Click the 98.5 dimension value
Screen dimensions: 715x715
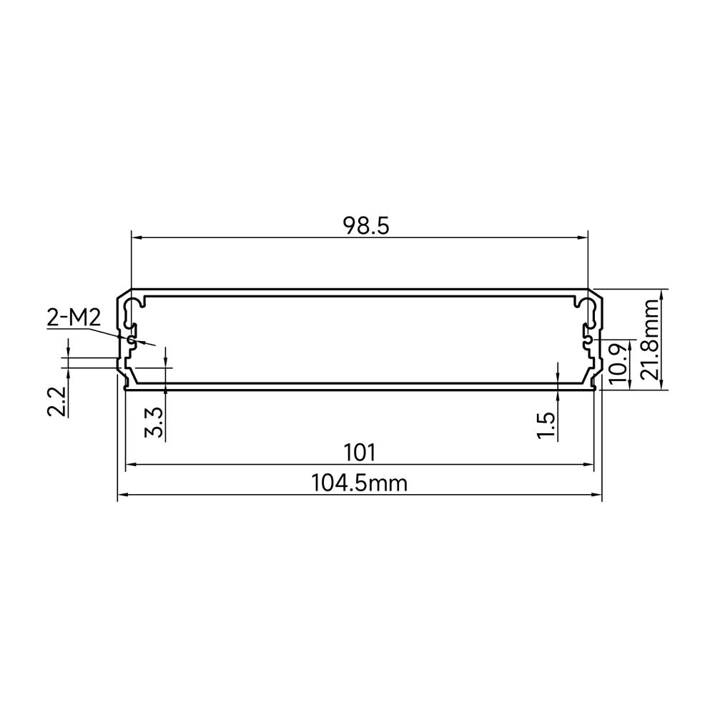coord(366,226)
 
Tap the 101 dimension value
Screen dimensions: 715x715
coord(360,453)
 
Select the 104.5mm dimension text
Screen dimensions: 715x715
coord(360,483)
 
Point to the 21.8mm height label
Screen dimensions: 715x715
coord(650,339)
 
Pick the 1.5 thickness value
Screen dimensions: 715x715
coord(546,425)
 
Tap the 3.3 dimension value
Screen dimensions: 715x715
coord(154,423)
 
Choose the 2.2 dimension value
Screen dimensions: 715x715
coord(56,402)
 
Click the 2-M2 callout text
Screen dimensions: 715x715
coord(74,317)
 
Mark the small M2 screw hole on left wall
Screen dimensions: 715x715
coord(132,340)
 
